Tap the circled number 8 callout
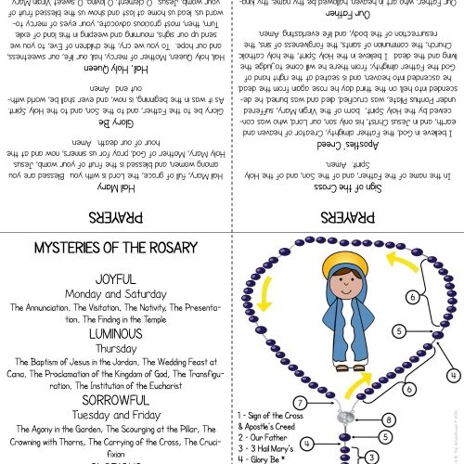[387, 421]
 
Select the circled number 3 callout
[371, 456]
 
